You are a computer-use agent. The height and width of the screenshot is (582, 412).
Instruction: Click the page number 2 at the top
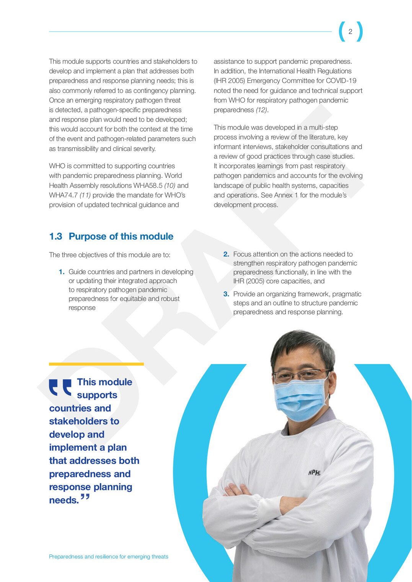350,32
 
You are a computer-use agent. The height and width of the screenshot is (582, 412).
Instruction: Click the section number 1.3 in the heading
55,236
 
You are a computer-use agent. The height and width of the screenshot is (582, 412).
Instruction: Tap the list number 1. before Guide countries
62,272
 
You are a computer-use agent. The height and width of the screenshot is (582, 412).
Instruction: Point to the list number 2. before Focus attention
226,254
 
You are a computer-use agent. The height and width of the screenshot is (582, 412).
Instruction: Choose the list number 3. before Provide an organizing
226,294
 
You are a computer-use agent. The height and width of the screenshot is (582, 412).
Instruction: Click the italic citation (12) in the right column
262,110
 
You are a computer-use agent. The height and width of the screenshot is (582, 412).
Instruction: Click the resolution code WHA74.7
63,195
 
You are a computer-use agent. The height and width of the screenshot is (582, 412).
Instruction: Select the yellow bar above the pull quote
96,364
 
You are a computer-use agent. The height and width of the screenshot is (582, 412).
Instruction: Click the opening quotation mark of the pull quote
60,387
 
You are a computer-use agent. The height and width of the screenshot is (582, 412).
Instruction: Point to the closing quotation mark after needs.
85,497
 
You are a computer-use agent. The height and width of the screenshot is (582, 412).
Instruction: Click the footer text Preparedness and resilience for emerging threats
108,557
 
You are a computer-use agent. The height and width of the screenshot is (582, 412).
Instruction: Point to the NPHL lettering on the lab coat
314,473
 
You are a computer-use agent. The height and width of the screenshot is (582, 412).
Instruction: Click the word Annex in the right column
283,195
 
